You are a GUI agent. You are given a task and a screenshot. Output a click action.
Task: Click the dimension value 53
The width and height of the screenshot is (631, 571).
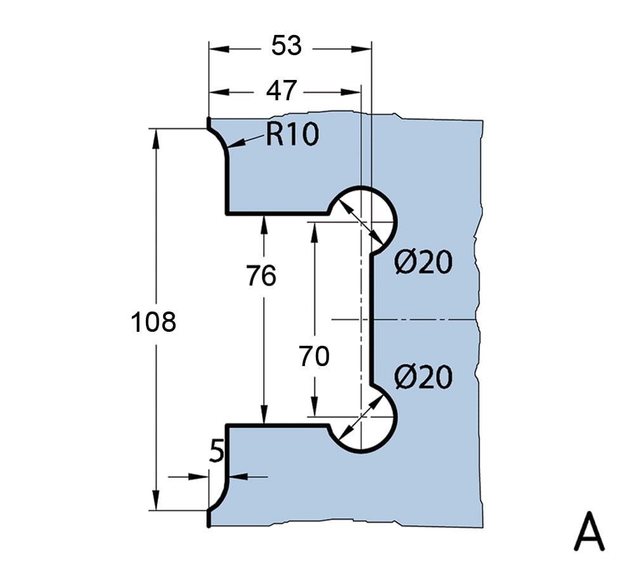point(286,46)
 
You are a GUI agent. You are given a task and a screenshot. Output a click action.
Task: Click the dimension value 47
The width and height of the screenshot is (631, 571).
point(281,91)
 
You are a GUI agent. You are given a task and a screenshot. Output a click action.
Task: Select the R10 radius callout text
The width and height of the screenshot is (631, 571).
point(292,135)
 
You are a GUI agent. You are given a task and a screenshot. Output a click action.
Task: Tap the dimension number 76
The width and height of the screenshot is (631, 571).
point(261,276)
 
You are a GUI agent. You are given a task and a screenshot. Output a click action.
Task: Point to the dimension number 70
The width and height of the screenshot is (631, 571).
point(315,357)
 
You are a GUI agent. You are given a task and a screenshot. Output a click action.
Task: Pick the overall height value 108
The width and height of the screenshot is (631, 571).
point(153,322)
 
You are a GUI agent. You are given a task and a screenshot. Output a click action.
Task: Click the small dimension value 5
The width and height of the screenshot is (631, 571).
point(216,452)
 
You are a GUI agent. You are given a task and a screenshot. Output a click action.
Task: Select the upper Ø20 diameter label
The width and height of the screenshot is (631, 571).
point(423,262)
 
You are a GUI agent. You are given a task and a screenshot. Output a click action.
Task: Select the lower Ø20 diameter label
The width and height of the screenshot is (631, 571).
point(423,378)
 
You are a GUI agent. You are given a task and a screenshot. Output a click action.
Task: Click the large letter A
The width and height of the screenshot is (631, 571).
point(589,533)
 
